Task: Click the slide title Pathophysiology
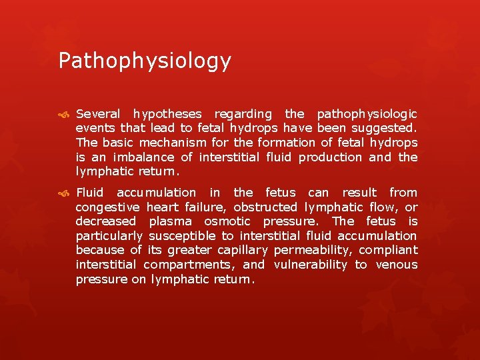click(145, 61)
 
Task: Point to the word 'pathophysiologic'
click(367, 113)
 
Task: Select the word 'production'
click(330, 157)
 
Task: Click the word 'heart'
click(163, 207)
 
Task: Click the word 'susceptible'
click(181, 236)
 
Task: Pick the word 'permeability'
click(312, 251)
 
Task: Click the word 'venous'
click(397, 265)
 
